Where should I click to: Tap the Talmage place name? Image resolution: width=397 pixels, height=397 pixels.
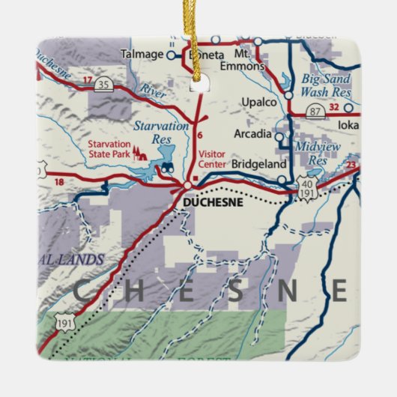pyautogui.click(x=142, y=54)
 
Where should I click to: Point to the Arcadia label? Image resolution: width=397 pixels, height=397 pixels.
pyautogui.click(x=253, y=135)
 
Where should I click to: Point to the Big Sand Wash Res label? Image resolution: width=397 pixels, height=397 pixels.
pyautogui.click(x=326, y=85)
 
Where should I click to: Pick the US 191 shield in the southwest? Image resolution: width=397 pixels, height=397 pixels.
pyautogui.click(x=63, y=321)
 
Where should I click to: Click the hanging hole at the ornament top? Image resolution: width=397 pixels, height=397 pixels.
pyautogui.click(x=198, y=84)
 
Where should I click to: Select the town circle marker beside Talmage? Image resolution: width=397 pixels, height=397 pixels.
pyautogui.click(x=171, y=55)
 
